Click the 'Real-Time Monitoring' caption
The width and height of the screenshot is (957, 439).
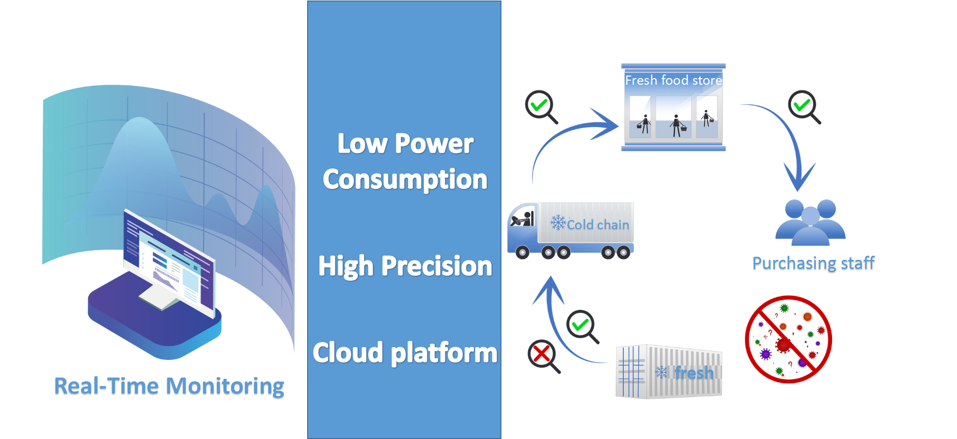coord(169,386)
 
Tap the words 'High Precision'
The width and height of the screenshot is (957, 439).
coord(405,266)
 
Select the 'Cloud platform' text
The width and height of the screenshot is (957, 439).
coord(405,353)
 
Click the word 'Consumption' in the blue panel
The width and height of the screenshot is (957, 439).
coord(405,180)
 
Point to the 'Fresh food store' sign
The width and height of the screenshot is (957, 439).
coord(673,80)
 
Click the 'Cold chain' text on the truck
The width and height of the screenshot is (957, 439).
coord(598,225)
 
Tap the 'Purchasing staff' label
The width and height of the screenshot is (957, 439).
coord(813,263)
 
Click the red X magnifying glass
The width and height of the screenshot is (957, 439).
coord(544,356)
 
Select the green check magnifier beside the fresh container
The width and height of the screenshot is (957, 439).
coord(583,327)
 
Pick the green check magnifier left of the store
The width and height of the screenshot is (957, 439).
coord(541,107)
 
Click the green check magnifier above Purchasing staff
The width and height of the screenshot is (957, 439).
coord(804,107)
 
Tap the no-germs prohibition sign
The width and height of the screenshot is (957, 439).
coord(788,339)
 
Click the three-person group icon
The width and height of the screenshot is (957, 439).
coord(811,222)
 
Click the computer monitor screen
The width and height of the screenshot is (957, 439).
coord(168,260)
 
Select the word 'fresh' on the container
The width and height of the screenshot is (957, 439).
coord(694,373)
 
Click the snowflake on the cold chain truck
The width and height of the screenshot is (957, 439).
coord(559,223)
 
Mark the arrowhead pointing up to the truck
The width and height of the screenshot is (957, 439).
coord(549,290)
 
